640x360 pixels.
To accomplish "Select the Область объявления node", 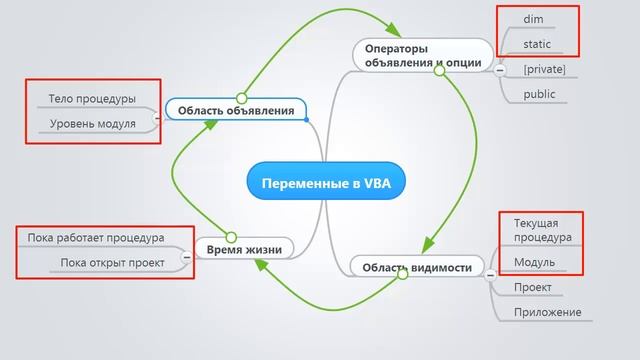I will [236, 110].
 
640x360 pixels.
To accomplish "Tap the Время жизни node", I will [243, 249].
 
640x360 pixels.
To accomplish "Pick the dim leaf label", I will [535, 18].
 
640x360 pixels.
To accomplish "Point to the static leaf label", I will [538, 44].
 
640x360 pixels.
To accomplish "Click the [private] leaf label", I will [544, 69].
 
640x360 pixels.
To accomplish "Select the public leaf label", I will [539, 94].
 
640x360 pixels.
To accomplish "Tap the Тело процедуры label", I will [92, 99].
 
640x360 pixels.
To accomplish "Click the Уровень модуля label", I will [92, 123].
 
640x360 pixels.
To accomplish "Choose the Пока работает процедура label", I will [96, 238].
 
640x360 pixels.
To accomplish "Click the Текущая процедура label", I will [542, 230].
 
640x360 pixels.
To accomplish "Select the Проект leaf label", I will [533, 287].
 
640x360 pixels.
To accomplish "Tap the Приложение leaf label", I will [547, 312].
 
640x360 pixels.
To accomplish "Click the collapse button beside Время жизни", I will [186, 259].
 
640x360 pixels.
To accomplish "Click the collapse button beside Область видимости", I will [492, 273].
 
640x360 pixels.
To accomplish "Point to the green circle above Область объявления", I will [241, 98].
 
